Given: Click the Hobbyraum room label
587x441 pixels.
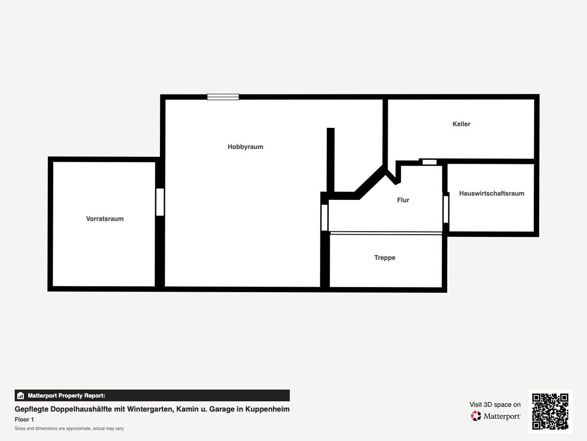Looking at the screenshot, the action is pos(245,147).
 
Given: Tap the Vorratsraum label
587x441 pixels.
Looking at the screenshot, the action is pos(105,219).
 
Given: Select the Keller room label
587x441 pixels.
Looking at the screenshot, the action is pos(461,124).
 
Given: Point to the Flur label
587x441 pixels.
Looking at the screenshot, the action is pos(403,200).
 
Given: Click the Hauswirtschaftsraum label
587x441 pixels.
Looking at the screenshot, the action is pos(492,194).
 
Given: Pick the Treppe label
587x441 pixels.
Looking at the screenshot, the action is pos(384,258).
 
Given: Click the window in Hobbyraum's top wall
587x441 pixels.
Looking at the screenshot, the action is pos(223,97).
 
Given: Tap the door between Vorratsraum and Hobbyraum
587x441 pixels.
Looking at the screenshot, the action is pos(160,202).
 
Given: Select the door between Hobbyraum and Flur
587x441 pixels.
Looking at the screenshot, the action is pos(324,218).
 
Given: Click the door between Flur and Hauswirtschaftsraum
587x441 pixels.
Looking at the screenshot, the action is pos(446,209).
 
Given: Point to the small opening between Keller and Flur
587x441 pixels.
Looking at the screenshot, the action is pos(429,162).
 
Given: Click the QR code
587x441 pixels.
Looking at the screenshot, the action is pos(550,412).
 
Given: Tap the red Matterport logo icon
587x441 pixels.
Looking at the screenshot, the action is pos(476,416).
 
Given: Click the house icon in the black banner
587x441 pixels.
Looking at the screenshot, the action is pos(21,395).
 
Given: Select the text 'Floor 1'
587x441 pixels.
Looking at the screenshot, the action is pos(24,419).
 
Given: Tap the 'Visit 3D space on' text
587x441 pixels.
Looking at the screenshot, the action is pos(495,405).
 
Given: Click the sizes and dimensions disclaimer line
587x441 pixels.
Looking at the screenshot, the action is pos(69,428).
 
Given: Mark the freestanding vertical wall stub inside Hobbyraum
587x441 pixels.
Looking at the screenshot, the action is pos(331,160).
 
